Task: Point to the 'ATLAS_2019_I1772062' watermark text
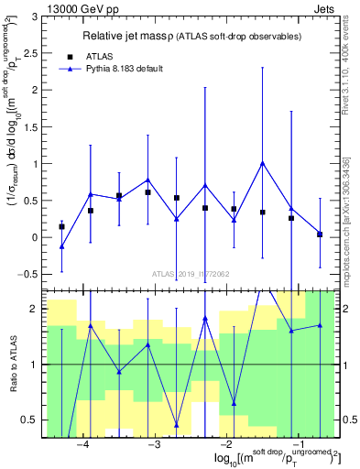[x=190, y=274]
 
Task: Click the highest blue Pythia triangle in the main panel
[x=263, y=164]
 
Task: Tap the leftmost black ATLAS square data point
[x=61, y=226]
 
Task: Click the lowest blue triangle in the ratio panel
[x=177, y=425]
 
